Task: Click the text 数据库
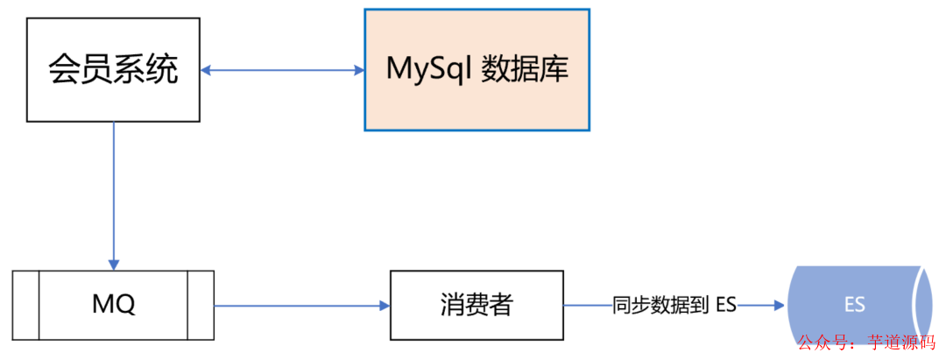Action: (x=525, y=69)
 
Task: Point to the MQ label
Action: (x=113, y=305)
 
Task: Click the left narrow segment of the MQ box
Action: (x=26, y=305)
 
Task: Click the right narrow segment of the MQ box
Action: (x=201, y=305)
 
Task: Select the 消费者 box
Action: (x=476, y=305)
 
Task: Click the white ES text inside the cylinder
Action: (x=854, y=305)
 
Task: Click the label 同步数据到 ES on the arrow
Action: (x=674, y=306)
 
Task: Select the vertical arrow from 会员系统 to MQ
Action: (x=113, y=193)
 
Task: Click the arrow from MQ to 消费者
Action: (x=298, y=306)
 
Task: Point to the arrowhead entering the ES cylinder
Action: (x=777, y=306)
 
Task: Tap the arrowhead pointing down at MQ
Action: (x=113, y=264)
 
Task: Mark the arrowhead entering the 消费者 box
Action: (x=384, y=306)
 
